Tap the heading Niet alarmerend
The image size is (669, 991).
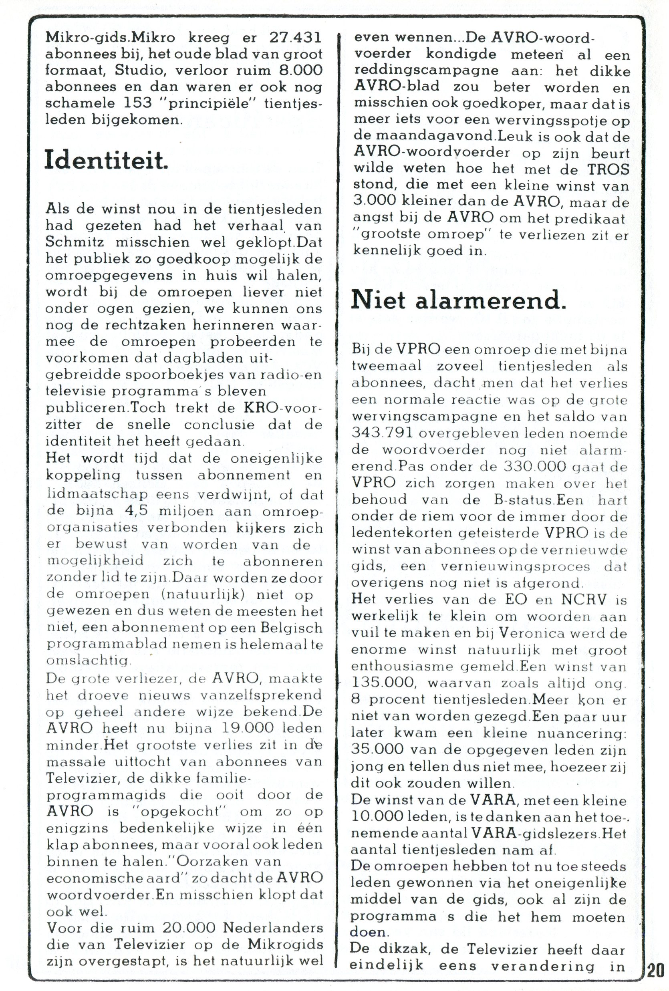click(458, 302)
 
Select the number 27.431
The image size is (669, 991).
click(294, 38)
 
